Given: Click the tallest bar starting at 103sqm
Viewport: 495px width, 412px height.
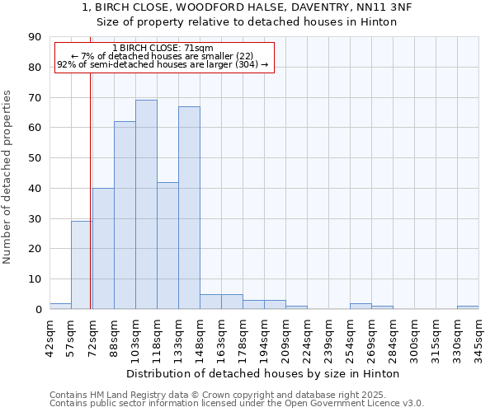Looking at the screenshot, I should coord(146,204).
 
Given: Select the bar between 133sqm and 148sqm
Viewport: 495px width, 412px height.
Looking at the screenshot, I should coord(189,208).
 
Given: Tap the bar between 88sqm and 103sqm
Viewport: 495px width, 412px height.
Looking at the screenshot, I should coord(125,215).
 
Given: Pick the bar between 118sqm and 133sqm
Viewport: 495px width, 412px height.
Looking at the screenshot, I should coord(167,246).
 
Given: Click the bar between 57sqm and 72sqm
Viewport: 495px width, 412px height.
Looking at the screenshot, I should coord(82,265).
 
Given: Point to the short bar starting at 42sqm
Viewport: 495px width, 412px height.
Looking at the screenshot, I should coord(60,306).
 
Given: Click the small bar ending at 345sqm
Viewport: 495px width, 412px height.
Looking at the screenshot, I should coord(468,307).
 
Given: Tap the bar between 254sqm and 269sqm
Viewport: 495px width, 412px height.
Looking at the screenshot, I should coord(361,306).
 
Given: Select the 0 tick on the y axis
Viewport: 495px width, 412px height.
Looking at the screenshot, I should coord(38,309).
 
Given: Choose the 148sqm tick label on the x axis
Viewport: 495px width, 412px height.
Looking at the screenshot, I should coord(200,336).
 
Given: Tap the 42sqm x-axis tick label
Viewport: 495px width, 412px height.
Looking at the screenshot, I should coord(49,336).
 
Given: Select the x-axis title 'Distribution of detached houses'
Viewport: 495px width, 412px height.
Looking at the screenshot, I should coord(263,373).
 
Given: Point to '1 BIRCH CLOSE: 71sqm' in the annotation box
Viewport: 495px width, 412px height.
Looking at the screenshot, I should coord(163,49).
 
